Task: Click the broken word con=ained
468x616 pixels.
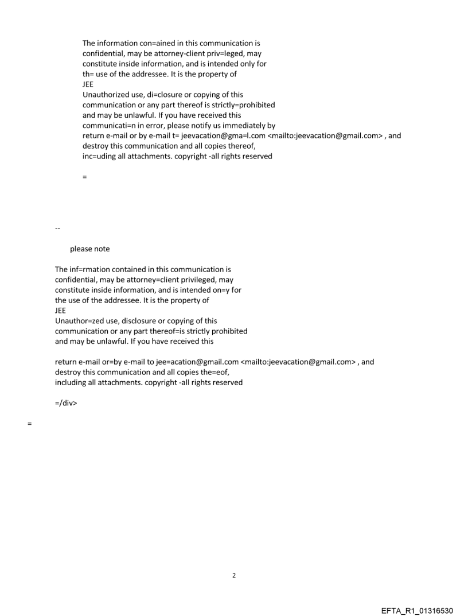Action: [x=147, y=43]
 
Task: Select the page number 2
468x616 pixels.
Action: [x=233, y=575]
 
